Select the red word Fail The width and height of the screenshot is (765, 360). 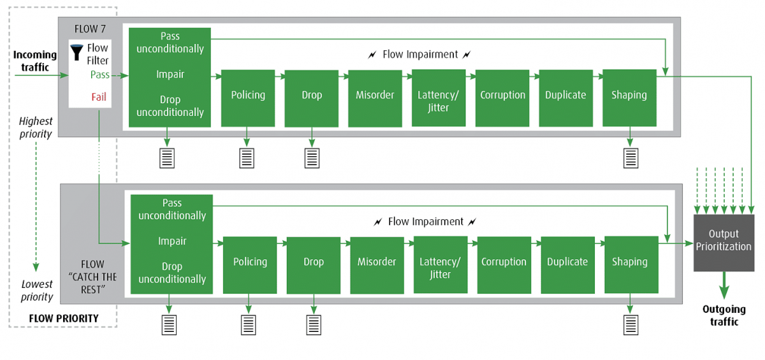[x=98, y=97]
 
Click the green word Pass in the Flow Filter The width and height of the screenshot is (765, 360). [x=99, y=75]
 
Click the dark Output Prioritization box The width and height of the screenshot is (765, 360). [x=724, y=243]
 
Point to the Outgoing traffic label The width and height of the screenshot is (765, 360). [x=724, y=315]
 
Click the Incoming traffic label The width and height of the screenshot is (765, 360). [x=35, y=61]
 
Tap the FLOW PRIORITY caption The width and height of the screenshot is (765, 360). [x=64, y=318]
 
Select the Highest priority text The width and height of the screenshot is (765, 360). [x=36, y=127]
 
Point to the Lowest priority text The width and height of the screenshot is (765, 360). [x=37, y=291]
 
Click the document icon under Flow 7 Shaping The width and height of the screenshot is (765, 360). [x=630, y=157]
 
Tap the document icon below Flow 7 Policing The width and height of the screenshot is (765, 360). [x=247, y=157]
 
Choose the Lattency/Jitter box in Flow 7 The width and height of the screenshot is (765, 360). [x=438, y=101]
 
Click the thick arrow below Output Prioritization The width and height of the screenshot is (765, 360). [x=724, y=285]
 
